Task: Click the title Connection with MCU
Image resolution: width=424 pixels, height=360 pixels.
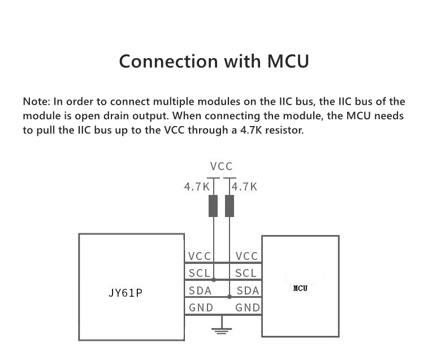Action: [x=214, y=61]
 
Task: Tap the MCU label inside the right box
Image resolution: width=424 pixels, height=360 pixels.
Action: [x=300, y=288]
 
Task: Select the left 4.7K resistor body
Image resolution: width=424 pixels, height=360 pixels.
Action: [x=213, y=206]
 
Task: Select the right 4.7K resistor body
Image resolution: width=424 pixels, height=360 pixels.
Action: [x=230, y=206]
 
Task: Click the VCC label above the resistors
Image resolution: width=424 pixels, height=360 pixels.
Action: [x=221, y=167]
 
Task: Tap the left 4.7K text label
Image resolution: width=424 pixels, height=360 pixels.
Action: [x=197, y=186]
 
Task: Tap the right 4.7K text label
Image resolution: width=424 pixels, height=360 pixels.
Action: [x=244, y=186]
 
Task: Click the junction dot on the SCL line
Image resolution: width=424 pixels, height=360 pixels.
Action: [x=213, y=280]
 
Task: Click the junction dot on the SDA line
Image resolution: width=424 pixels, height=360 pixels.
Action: [x=230, y=296]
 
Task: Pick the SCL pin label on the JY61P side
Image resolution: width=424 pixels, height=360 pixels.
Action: [x=200, y=273]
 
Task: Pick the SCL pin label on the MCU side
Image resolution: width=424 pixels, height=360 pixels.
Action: [x=246, y=273]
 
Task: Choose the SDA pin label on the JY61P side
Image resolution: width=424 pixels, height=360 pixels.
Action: [x=200, y=290]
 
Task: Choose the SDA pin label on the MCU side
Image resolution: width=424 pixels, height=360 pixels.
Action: [x=248, y=290]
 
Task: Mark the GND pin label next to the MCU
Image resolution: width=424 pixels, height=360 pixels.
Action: [x=247, y=307]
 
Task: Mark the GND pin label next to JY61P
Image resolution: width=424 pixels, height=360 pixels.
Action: [x=201, y=307]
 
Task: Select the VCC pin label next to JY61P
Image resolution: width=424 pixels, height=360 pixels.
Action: [x=200, y=256]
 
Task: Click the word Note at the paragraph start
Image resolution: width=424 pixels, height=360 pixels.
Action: [x=36, y=102]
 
